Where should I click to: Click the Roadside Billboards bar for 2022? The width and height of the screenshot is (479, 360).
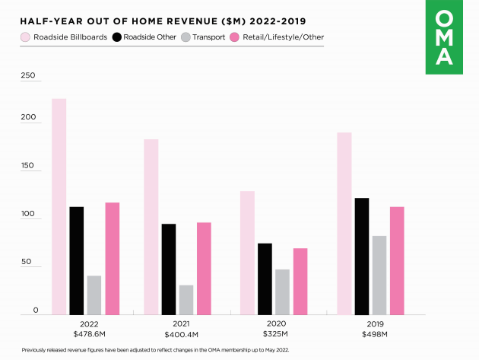(59, 206)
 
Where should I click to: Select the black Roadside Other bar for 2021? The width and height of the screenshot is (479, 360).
(168, 269)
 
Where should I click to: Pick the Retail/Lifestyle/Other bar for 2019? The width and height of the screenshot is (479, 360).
(397, 260)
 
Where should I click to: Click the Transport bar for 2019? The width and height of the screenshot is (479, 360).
(379, 275)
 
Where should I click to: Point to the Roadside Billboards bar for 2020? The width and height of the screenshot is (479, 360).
(246, 252)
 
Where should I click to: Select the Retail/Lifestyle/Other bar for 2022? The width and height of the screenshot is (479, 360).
(112, 258)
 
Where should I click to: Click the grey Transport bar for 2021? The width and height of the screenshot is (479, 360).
(186, 299)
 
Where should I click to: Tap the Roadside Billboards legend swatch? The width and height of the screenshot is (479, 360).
(25, 37)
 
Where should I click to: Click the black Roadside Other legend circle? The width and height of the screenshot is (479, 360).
(117, 37)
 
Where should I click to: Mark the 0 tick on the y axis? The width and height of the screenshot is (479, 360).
(35, 310)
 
